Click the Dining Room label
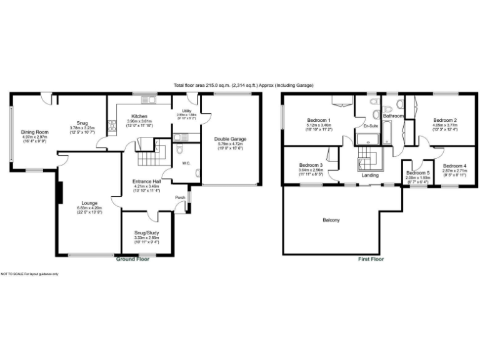[x=35, y=132]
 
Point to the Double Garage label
[x=229, y=139]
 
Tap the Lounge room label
[x=87, y=203]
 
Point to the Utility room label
[x=186, y=111]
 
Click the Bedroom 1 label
[x=319, y=120]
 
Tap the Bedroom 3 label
[x=311, y=164]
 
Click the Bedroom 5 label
[x=417, y=172]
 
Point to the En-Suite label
[x=371, y=126]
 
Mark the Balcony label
[x=331, y=219]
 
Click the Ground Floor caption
[x=132, y=258]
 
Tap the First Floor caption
[x=371, y=259]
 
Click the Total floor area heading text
[x=244, y=85]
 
